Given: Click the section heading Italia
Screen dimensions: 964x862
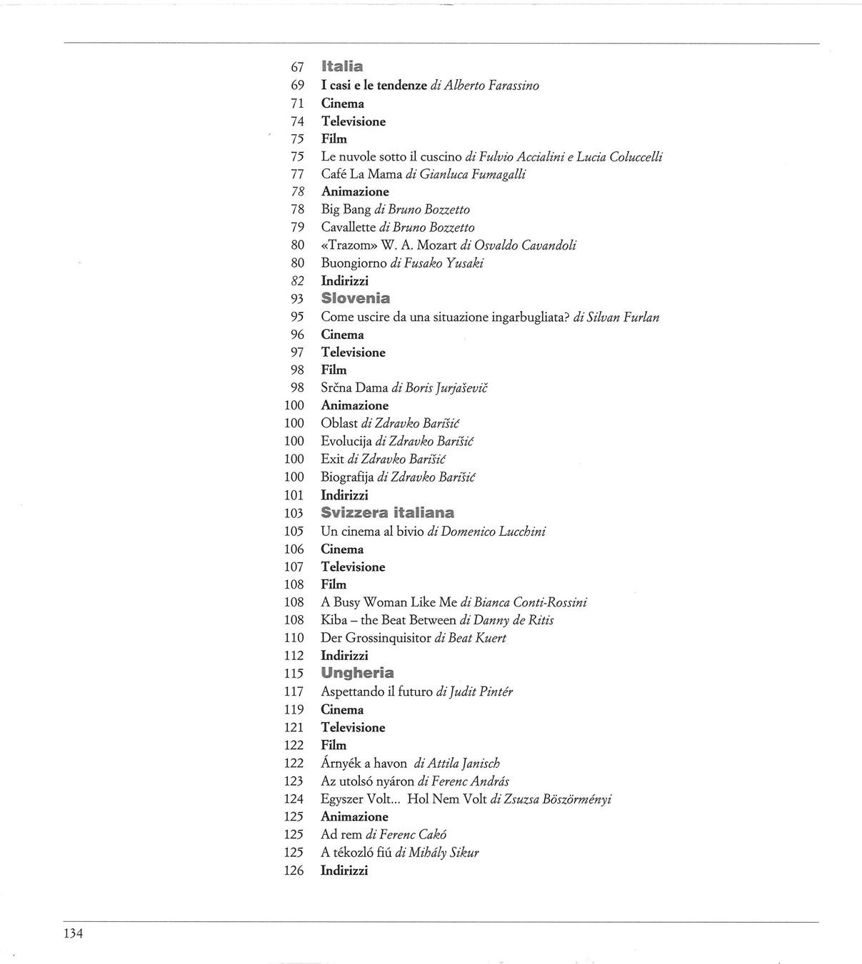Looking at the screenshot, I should coord(342,66).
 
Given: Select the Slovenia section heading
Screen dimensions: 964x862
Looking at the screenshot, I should coord(355,298).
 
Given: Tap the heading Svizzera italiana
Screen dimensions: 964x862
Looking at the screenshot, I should coord(387,512).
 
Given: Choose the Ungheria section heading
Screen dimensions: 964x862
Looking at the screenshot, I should coord(357,673).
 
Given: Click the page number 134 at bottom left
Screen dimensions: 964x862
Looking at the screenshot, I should coord(73,933).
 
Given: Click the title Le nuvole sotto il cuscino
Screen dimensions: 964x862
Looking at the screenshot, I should coord(391,156).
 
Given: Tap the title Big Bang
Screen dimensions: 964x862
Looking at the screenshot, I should coord(346,210).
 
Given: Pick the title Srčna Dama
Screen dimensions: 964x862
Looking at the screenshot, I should coord(354,388).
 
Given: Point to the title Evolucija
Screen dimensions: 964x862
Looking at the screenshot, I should coord(346,442).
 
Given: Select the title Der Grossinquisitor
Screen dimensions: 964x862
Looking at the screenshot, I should coord(376,638).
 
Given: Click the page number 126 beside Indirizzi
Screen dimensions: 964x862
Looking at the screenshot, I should coord(294,871).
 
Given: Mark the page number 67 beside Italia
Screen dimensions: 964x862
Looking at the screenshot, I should coord(298,67).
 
